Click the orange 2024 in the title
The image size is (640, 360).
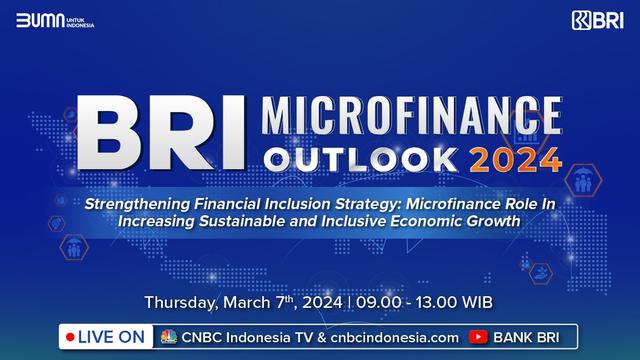[x=514, y=158]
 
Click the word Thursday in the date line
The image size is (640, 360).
[x=183, y=301]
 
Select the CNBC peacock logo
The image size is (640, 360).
[x=167, y=337]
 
